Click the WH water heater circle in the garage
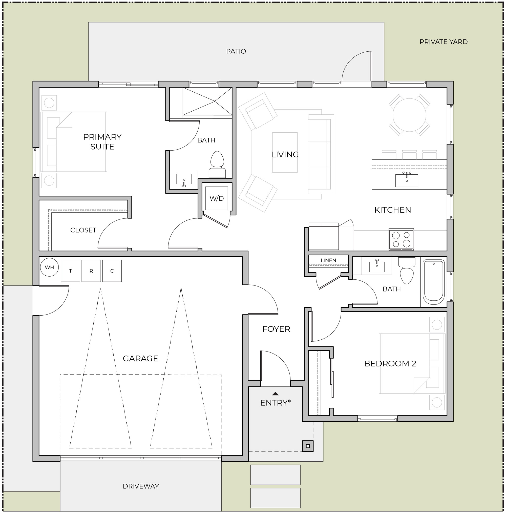click(x=49, y=267)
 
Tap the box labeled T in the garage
click(x=70, y=271)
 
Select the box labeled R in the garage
click(x=91, y=271)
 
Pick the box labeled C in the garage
click(x=112, y=271)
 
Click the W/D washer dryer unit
click(x=217, y=198)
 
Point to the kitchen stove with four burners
click(x=401, y=239)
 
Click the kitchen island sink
click(x=407, y=180)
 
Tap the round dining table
click(x=409, y=115)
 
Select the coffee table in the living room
click(x=285, y=152)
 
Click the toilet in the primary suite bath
click(x=217, y=165)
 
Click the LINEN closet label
click(x=328, y=260)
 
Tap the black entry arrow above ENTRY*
click(x=276, y=394)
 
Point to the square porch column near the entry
click(x=308, y=446)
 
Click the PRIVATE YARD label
click(x=444, y=42)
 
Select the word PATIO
click(x=236, y=51)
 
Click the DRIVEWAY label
click(x=141, y=486)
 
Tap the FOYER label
click(x=276, y=329)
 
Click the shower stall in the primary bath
click(x=207, y=101)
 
